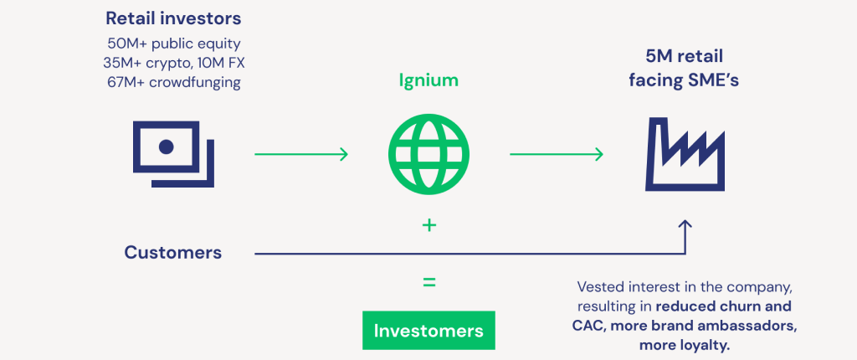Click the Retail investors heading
(173, 18)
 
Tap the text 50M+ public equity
(174, 44)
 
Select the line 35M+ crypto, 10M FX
(174, 64)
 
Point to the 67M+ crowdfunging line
(174, 84)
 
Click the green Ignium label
(428, 81)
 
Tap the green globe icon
(429, 154)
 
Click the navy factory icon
(685, 156)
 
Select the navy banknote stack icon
(173, 154)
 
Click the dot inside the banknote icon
(167, 147)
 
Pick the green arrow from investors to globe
(301, 154)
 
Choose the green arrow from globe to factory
(557, 154)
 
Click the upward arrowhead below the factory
(685, 225)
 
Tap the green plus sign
(429, 225)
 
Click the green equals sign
(429, 282)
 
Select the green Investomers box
(428, 331)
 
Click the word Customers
(172, 253)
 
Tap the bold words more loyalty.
(685, 346)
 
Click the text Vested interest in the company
(685, 286)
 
